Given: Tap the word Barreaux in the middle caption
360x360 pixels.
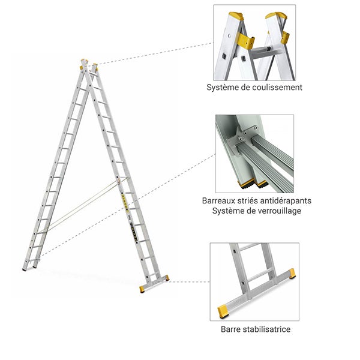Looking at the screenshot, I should pos(220,200).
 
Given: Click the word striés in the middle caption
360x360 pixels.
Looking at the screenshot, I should pos(249,200).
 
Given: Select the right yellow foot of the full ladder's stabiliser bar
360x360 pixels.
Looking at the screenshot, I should pos(165,278).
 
